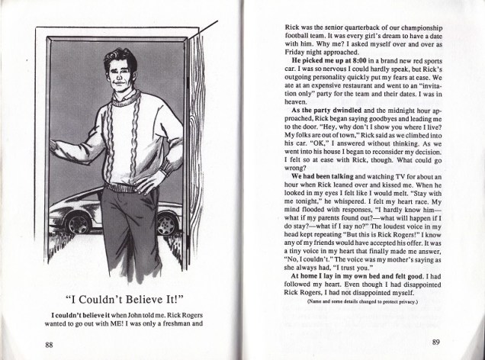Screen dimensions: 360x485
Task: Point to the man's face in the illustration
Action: click(120, 72)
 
